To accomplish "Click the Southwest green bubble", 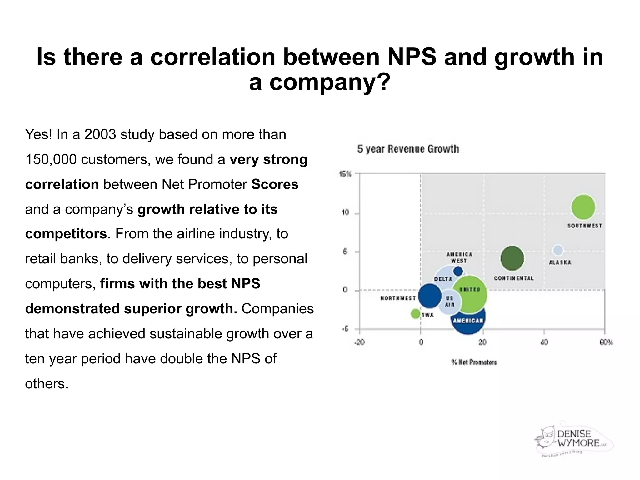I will (583, 207).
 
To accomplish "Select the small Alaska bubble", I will (558, 250).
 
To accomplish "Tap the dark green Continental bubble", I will (512, 258).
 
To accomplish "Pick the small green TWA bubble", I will (415, 313).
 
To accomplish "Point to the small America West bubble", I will (458, 271).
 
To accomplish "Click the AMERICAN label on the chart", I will (468, 321).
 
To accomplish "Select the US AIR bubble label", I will (449, 301).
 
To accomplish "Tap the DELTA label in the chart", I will (443, 279).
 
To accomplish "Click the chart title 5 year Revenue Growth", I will (408, 149).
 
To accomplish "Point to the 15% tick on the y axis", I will (345, 174).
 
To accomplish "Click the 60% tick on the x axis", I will (606, 342).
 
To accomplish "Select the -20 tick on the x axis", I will (359, 342).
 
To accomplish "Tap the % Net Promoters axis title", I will (474, 362).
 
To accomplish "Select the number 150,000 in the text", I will (51, 159).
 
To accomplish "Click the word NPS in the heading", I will (412, 57).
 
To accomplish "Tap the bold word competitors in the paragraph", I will (66, 234).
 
